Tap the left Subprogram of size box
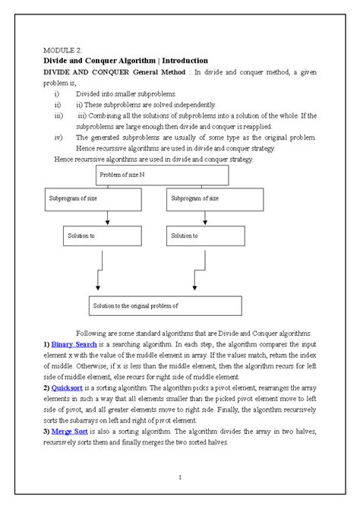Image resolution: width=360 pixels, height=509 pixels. click(x=92, y=199)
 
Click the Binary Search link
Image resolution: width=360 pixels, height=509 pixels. click(x=73, y=344)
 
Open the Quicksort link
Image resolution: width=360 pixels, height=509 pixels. click(x=69, y=387)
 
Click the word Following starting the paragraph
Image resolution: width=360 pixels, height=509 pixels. click(x=92, y=334)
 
